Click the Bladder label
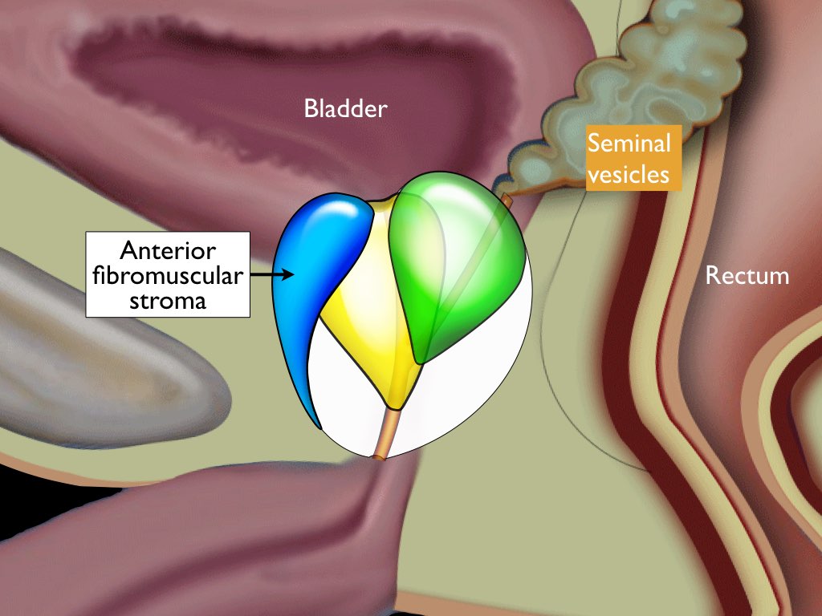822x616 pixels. click(345, 108)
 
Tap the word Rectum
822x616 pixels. click(747, 276)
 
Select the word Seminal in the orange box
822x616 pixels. click(629, 144)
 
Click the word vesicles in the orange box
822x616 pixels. click(629, 173)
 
